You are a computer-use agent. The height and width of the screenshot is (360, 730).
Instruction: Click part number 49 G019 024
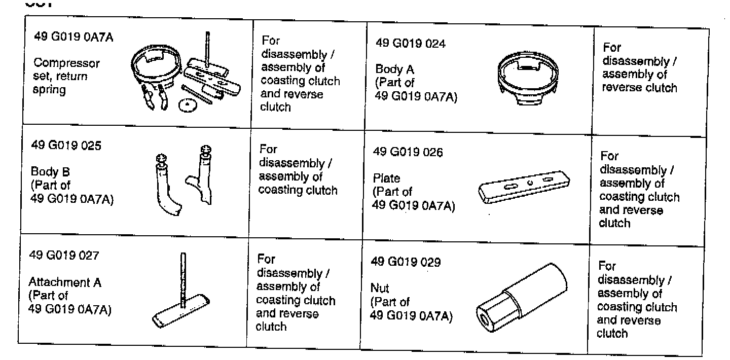(410, 44)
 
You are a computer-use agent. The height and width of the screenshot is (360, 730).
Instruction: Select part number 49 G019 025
(66, 146)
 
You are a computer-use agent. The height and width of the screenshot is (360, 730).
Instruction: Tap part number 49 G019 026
(408, 152)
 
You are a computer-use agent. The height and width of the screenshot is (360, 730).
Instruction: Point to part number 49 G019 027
(63, 255)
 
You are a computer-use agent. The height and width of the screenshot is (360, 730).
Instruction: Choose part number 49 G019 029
(406, 262)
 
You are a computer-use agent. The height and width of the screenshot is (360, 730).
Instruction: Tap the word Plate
(386, 178)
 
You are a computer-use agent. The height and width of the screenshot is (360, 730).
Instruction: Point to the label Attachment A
(64, 282)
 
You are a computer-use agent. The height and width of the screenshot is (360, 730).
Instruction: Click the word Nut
(380, 289)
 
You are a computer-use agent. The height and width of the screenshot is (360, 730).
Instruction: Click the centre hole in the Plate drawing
(529, 183)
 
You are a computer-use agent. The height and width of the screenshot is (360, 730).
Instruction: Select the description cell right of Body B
(298, 170)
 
